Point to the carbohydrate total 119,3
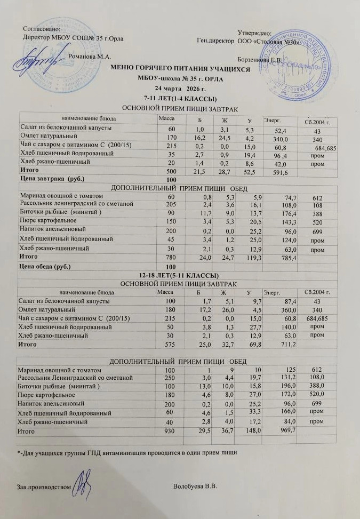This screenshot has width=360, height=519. click(x=247, y=257)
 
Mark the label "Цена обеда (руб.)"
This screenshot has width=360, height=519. click(x=45, y=266)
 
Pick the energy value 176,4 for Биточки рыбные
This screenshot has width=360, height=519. click(x=281, y=213)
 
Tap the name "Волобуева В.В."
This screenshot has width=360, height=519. click(x=195, y=487)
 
